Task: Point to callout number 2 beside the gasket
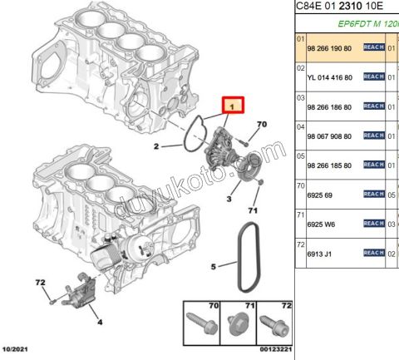[x=155, y=148]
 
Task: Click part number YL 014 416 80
[x=330, y=77]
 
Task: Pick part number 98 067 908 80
[x=330, y=136]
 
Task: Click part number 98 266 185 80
[x=330, y=165]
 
